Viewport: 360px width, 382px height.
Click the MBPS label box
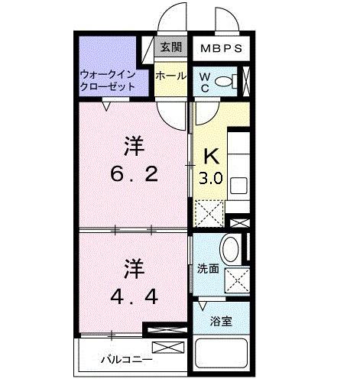pos(222,48)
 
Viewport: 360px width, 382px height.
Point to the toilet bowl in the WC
pos(224,82)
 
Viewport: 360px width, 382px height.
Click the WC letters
pos(204,82)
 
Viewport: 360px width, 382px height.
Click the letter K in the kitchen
pos(211,157)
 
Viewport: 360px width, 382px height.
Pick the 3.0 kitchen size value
pos(211,180)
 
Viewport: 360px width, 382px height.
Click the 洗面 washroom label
pos(207,269)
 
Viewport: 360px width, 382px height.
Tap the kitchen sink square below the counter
pos(237,184)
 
